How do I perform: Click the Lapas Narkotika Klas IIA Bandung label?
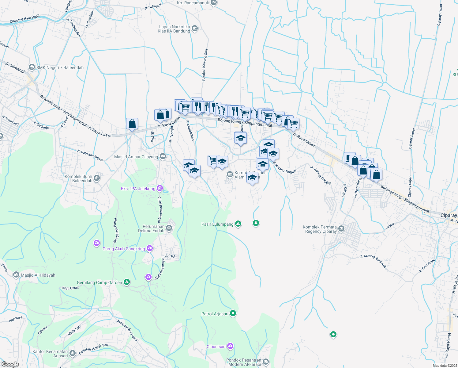[x=174, y=29]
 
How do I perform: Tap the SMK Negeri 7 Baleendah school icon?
[x=32, y=67]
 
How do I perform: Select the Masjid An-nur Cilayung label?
[x=136, y=157]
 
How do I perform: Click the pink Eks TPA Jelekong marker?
[x=160, y=188]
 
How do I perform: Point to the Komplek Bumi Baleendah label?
[x=78, y=178]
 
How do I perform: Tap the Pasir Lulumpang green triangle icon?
[x=238, y=224]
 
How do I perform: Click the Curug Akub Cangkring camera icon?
[x=150, y=248]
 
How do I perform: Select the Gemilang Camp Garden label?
[x=99, y=282]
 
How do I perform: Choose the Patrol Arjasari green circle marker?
[x=233, y=313]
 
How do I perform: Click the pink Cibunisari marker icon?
[x=230, y=346]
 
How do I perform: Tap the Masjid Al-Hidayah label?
[x=38, y=275]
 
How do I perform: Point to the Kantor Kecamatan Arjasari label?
[x=50, y=354]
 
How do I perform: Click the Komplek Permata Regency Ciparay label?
[x=320, y=229]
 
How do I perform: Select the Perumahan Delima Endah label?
[x=151, y=228]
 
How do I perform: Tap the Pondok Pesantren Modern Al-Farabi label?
[x=244, y=362]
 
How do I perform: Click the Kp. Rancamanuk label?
[x=193, y=3]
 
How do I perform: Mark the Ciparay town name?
[x=449, y=215]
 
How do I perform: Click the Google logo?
[x=10, y=364]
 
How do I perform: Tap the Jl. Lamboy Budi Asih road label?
[x=373, y=261]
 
